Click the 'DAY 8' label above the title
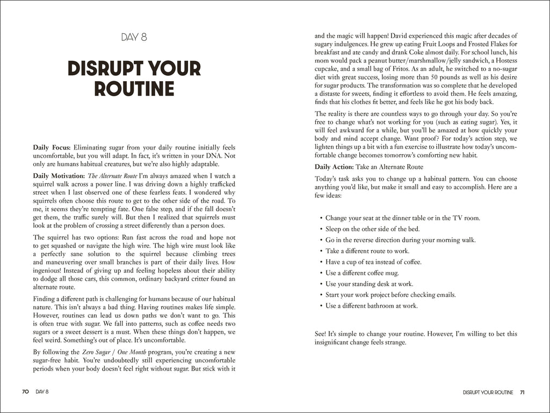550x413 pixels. (134, 37)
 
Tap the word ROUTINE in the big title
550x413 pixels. (134, 88)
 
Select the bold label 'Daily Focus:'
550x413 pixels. (52, 147)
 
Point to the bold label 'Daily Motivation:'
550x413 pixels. (59, 176)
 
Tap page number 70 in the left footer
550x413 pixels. (25, 392)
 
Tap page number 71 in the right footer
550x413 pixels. (522, 392)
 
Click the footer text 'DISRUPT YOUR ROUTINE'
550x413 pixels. (488, 392)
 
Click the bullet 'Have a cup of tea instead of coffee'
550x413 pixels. (373, 262)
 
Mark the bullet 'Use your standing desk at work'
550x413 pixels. (369, 284)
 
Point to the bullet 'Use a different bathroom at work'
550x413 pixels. (371, 306)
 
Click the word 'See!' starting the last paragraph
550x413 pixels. (321, 334)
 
